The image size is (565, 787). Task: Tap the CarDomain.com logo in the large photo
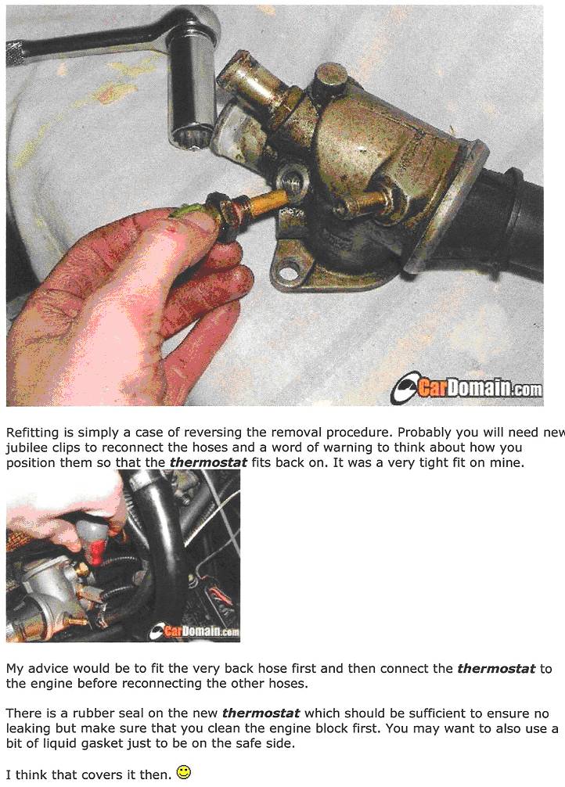click(x=466, y=388)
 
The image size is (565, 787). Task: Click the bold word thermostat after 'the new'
click(x=261, y=713)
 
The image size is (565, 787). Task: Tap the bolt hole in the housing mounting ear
click(x=287, y=272)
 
